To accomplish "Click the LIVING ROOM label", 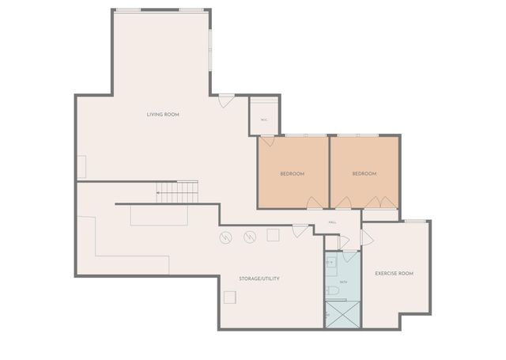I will (x=163, y=115).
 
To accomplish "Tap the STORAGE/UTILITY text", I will (x=259, y=279).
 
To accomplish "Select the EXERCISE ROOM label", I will (x=395, y=274).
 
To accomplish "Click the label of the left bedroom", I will (x=293, y=173).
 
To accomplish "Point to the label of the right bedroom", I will (x=364, y=173).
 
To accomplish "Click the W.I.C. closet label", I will (x=263, y=119).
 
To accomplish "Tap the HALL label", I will (x=333, y=223).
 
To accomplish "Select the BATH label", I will (x=343, y=281).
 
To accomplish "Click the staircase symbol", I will (x=176, y=191).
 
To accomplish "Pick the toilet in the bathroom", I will (x=334, y=291).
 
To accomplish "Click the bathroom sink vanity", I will (x=331, y=263).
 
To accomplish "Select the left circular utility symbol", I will (x=225, y=237).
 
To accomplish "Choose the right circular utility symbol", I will (x=250, y=236).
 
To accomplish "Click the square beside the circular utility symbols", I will (x=274, y=235).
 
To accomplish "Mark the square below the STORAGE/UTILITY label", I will (x=230, y=297).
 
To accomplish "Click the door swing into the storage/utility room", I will (x=300, y=230).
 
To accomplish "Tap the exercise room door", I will (x=366, y=237).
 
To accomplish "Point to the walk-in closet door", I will (x=267, y=141).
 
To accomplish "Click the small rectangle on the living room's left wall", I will (x=81, y=167).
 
